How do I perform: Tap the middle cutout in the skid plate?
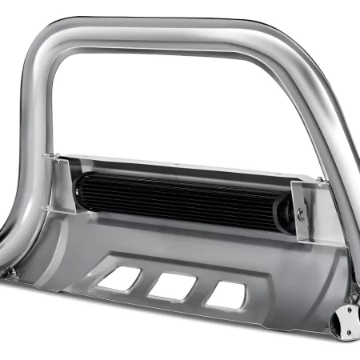[174, 286]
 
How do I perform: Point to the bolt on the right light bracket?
[301, 214]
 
